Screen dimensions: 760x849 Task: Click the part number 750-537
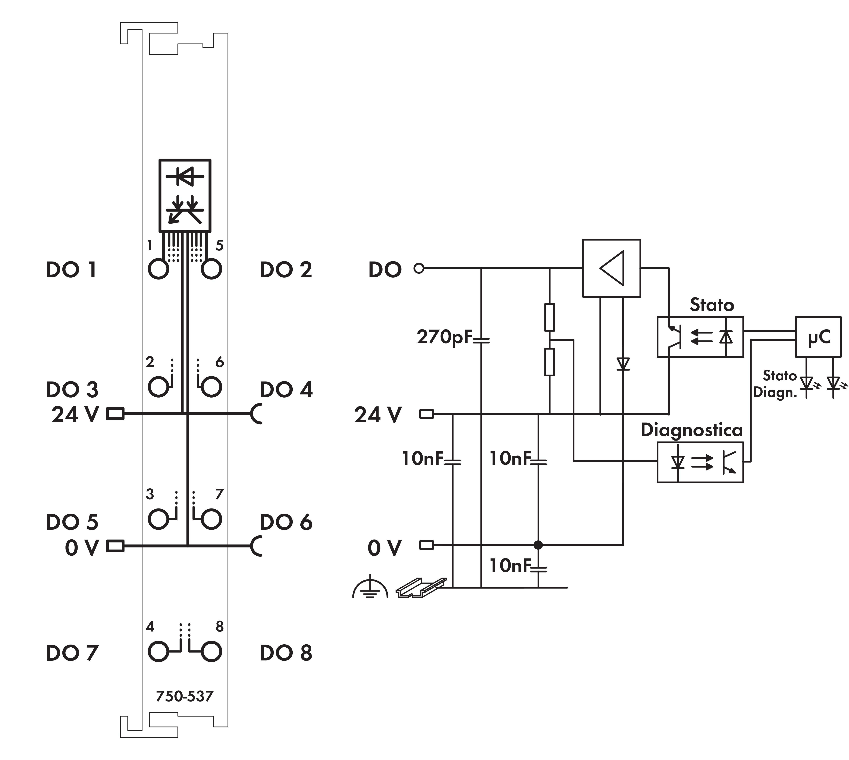pyautogui.click(x=184, y=696)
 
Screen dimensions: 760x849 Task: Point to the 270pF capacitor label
pyautogui.click(x=444, y=337)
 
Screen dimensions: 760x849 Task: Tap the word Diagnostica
pyautogui.click(x=692, y=430)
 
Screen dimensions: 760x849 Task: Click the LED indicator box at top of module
pyautogui.click(x=185, y=195)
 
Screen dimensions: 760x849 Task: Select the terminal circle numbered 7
pyautogui.click(x=211, y=519)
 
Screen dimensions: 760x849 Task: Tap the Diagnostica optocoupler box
pyautogui.click(x=700, y=462)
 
